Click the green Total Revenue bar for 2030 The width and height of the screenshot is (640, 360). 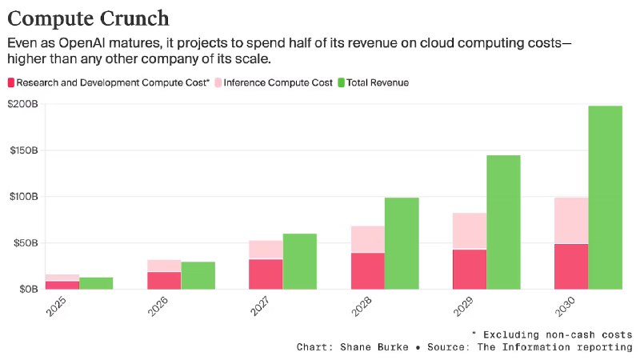tap(606, 198)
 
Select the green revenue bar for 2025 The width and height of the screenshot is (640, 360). tap(96, 283)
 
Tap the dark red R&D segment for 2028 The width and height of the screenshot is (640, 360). tap(368, 271)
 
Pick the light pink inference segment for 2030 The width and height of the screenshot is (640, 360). tap(571, 221)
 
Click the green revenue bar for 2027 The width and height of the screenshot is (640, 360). tap(299, 262)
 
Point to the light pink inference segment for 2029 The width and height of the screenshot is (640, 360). tap(470, 231)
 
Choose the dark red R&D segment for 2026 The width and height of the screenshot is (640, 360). tap(164, 281)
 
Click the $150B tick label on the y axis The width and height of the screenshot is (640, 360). tap(24, 150)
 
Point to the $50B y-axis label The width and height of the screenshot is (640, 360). tap(26, 243)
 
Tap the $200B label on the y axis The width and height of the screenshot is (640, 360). tap(23, 104)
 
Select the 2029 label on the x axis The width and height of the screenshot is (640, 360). tap(463, 307)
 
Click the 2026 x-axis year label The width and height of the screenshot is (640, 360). tap(158, 307)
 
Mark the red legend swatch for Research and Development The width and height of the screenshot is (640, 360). tap(11, 83)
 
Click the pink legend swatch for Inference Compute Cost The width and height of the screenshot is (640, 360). tap(218, 83)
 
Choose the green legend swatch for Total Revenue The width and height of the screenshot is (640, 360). tap(342, 83)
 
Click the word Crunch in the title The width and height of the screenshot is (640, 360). tap(134, 18)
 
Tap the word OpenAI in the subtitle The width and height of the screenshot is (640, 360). tap(82, 43)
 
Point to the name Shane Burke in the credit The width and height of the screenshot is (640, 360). tap(374, 347)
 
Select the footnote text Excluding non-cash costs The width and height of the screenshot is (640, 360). tap(558, 335)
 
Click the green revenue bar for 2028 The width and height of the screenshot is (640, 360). tap(402, 244)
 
